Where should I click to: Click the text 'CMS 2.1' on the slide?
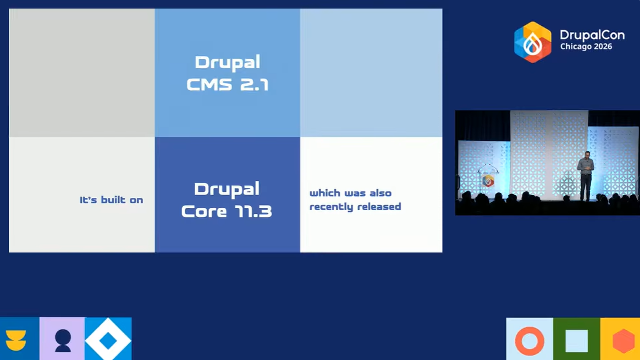pos(227,85)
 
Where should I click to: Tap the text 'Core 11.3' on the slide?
pos(227,211)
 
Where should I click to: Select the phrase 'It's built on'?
pos(111,200)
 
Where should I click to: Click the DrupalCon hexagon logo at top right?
pos(532,42)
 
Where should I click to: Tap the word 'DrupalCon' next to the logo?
pos(592,35)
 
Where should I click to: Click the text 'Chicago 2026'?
pos(586,47)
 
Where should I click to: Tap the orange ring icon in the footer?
pos(529,341)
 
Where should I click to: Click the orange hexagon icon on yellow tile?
pos(624,341)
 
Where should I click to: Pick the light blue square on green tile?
pos(577,341)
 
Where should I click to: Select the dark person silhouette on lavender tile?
pos(63,340)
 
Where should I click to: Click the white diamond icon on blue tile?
pos(108,340)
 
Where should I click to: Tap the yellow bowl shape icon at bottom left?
pos(16,340)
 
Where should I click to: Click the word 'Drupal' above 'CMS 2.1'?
pos(227,62)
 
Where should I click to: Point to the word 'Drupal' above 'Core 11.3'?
pos(227,189)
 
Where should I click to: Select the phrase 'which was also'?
pos(350,193)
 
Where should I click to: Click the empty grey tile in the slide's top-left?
pos(82,73)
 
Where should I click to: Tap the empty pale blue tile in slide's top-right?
pos(371,73)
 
